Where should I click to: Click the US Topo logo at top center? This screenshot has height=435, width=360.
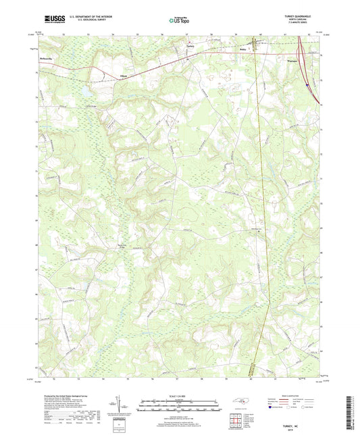coord(179,22)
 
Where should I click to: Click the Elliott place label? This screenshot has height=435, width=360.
coord(124,76)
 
